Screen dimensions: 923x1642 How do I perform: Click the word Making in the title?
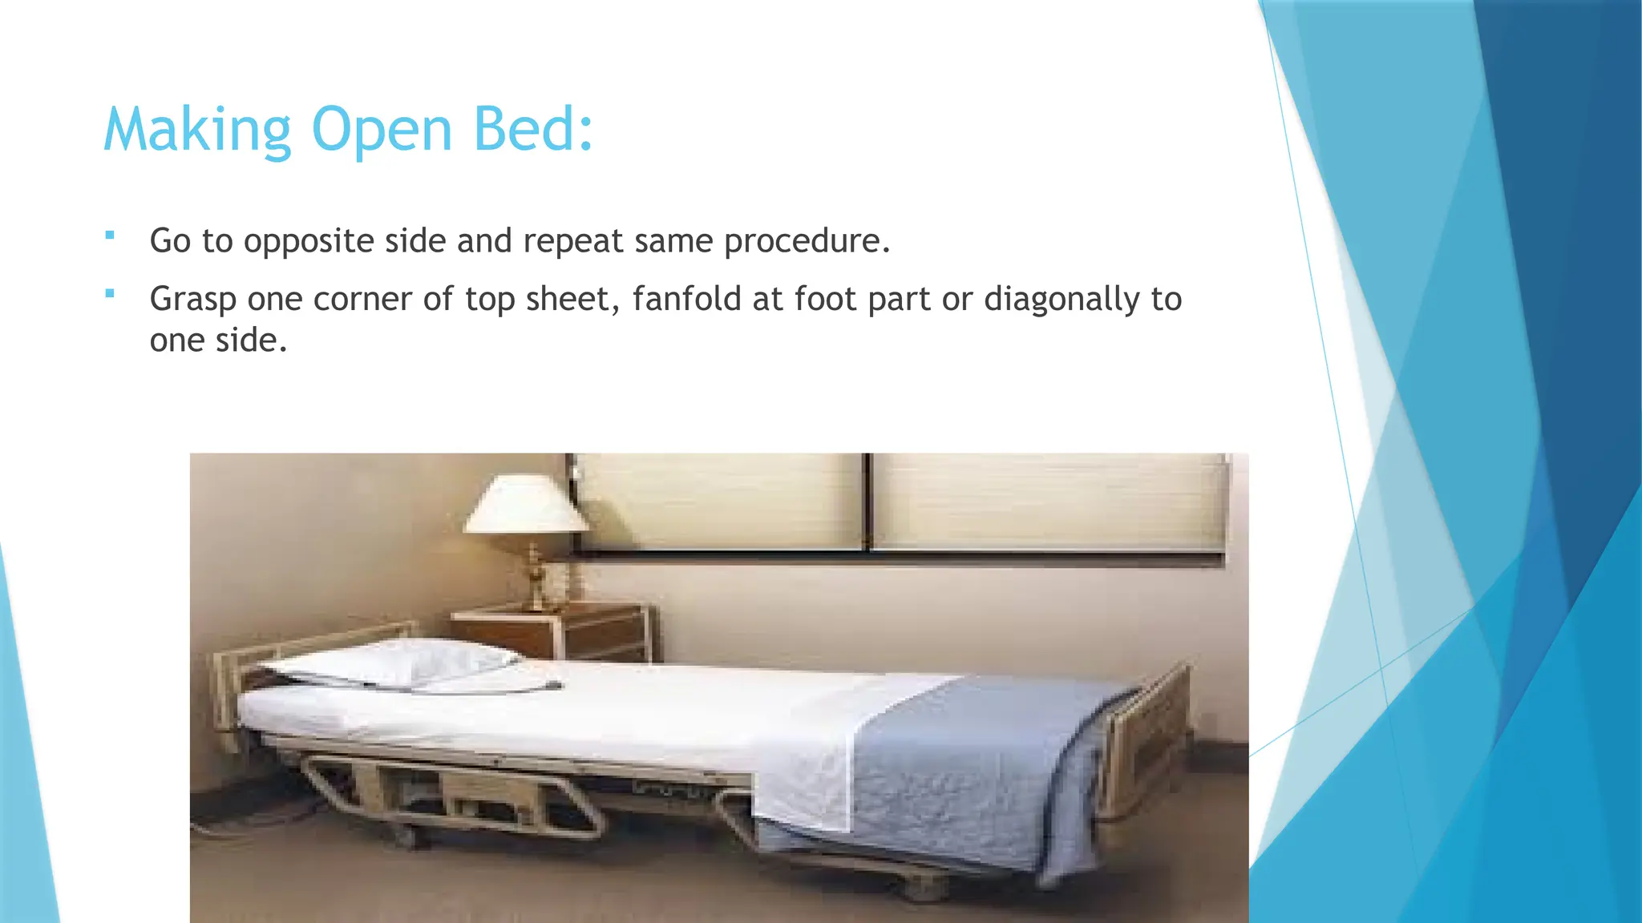coord(196,130)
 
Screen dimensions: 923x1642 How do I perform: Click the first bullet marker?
coord(110,236)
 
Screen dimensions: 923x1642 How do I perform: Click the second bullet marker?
coord(110,293)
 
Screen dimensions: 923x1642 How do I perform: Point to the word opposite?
coord(308,242)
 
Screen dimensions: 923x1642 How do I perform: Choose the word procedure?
coord(807,242)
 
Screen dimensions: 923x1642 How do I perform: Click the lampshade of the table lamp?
coord(525,505)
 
